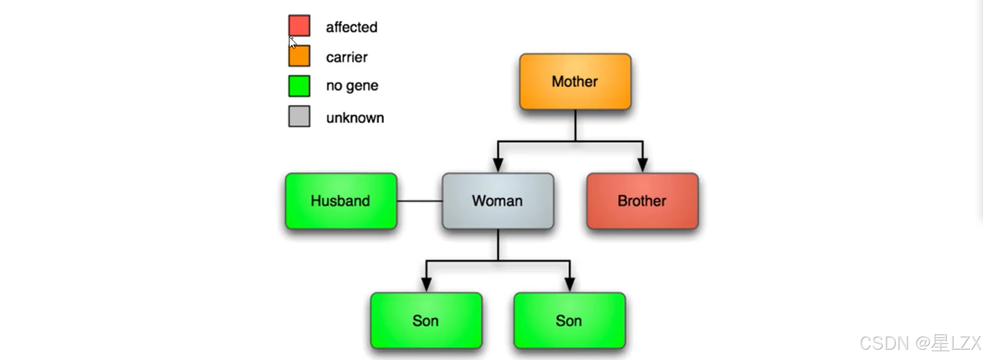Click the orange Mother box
[575, 82]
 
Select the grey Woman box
[498, 201]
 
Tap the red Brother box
[642, 201]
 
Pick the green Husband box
[341, 201]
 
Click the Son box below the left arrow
[426, 321]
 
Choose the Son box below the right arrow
[569, 321]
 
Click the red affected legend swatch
[299, 25]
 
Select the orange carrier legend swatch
[299, 56]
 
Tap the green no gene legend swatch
[299, 86]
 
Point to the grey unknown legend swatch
[299, 116]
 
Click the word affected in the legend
[352, 27]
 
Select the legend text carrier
[347, 57]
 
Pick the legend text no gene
[352, 86]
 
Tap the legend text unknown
[355, 118]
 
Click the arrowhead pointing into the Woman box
[498, 165]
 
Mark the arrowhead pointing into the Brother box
[643, 165]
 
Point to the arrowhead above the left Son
[426, 284]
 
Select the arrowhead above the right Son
[570, 284]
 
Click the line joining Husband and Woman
[420, 201]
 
